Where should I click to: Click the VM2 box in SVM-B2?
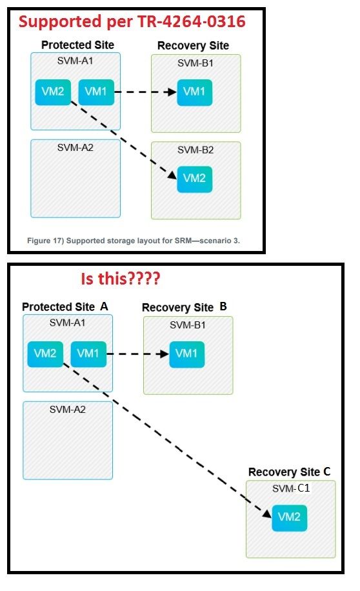coord(194,178)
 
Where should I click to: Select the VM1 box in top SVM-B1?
coord(194,92)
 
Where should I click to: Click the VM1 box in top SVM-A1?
coord(96,92)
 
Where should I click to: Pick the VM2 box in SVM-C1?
coord(289,517)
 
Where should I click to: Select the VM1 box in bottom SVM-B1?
coord(187,354)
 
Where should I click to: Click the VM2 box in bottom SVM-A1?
coord(45,354)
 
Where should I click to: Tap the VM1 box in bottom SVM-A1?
coord(88,354)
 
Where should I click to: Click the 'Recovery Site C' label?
coord(290,472)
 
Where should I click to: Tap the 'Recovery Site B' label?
coord(185,307)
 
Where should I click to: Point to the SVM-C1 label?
coord(291,488)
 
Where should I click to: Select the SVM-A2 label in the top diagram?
coord(75,147)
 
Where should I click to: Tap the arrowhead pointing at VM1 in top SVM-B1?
coord(172,92)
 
